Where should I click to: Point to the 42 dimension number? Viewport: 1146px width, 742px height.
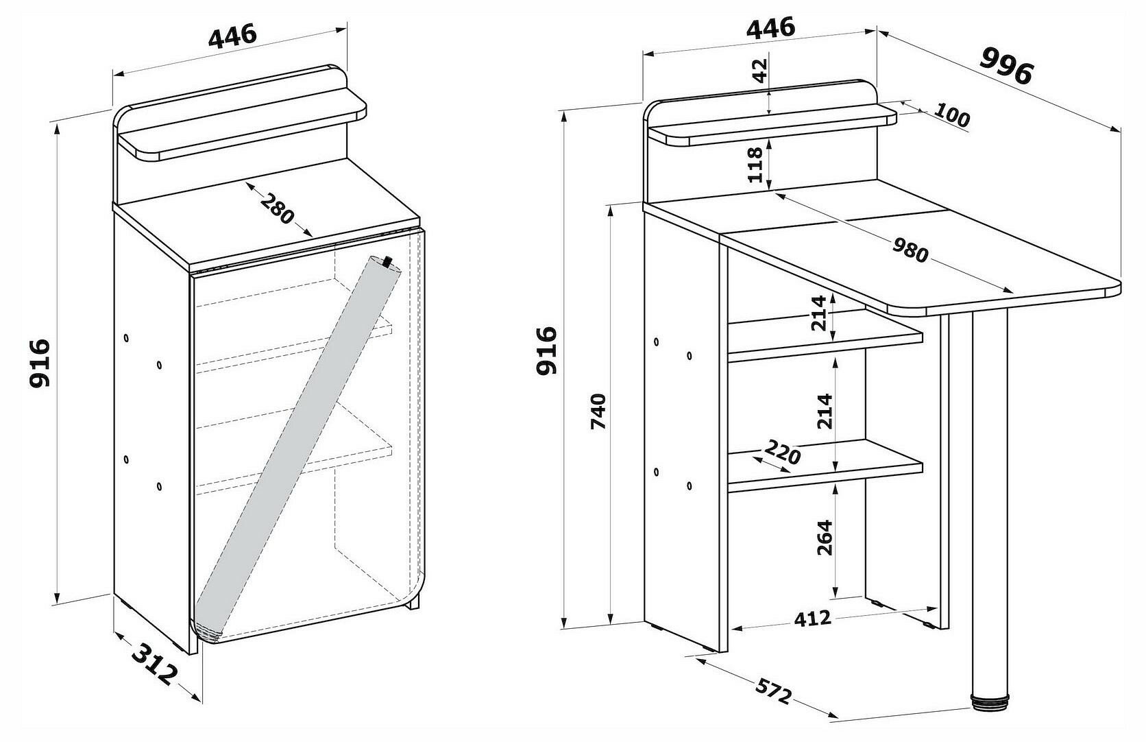pos(759,71)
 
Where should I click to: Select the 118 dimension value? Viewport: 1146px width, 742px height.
pos(756,165)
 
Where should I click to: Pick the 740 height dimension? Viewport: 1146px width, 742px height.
pos(599,411)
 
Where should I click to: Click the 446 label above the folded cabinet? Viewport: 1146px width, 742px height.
pos(232,36)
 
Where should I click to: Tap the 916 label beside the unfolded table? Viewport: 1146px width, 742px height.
pos(547,350)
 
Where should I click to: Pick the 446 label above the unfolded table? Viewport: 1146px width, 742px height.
pos(770,28)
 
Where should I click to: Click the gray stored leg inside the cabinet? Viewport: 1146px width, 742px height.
pos(295,446)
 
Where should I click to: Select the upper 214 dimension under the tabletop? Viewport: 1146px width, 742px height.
pos(820,313)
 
